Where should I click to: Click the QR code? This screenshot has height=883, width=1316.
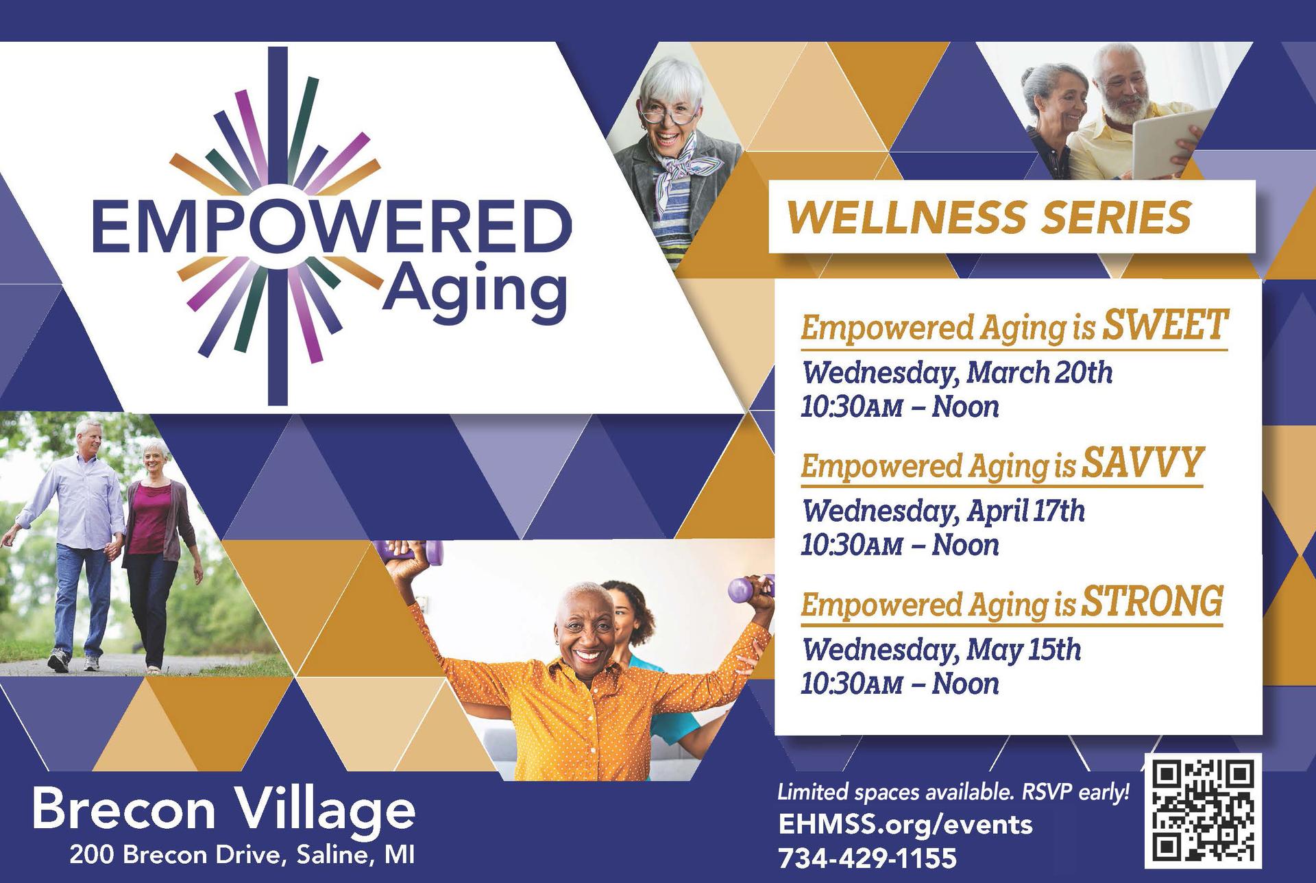[1203, 811]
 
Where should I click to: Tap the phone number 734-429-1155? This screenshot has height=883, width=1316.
[867, 858]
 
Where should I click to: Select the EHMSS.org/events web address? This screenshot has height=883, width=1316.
[905, 823]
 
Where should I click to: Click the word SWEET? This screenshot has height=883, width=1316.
[1163, 325]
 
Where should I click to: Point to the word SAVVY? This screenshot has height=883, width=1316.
[1142, 463]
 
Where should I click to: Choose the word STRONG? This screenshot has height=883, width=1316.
[1152, 601]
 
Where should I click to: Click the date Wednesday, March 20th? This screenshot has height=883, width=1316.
[957, 373]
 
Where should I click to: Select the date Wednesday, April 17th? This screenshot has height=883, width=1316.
[943, 511]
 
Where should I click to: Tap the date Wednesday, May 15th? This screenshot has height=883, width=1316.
[941, 649]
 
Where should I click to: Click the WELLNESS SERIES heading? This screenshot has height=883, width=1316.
[990, 217]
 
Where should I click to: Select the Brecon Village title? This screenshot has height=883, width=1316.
[223, 810]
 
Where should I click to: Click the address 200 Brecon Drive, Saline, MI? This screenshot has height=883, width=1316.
[241, 856]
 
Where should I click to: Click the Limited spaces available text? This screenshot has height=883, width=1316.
[953, 793]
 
